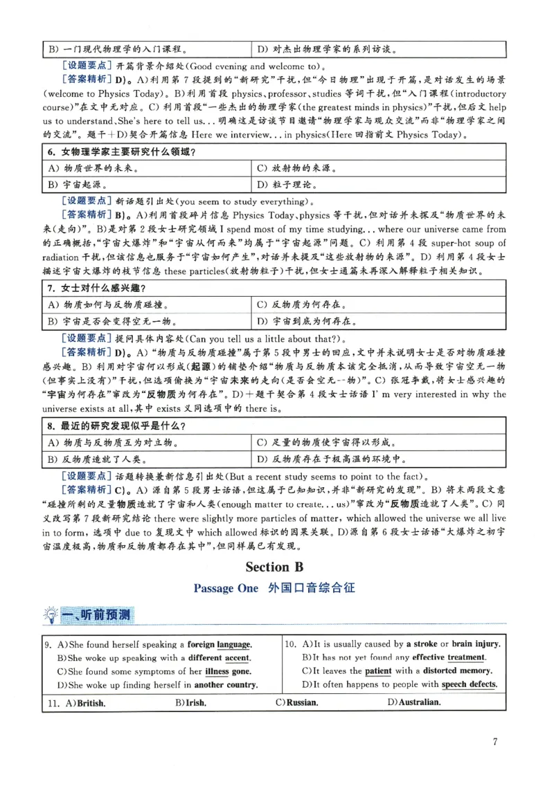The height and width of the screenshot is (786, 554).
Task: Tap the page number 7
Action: (x=495, y=742)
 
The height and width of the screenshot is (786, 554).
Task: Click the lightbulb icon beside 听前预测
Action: (x=51, y=614)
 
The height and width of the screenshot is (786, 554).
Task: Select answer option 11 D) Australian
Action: (x=414, y=702)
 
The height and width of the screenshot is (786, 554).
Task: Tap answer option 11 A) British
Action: (x=75, y=702)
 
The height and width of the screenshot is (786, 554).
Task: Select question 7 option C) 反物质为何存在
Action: (x=302, y=304)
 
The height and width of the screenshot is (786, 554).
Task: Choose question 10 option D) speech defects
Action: (x=399, y=684)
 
